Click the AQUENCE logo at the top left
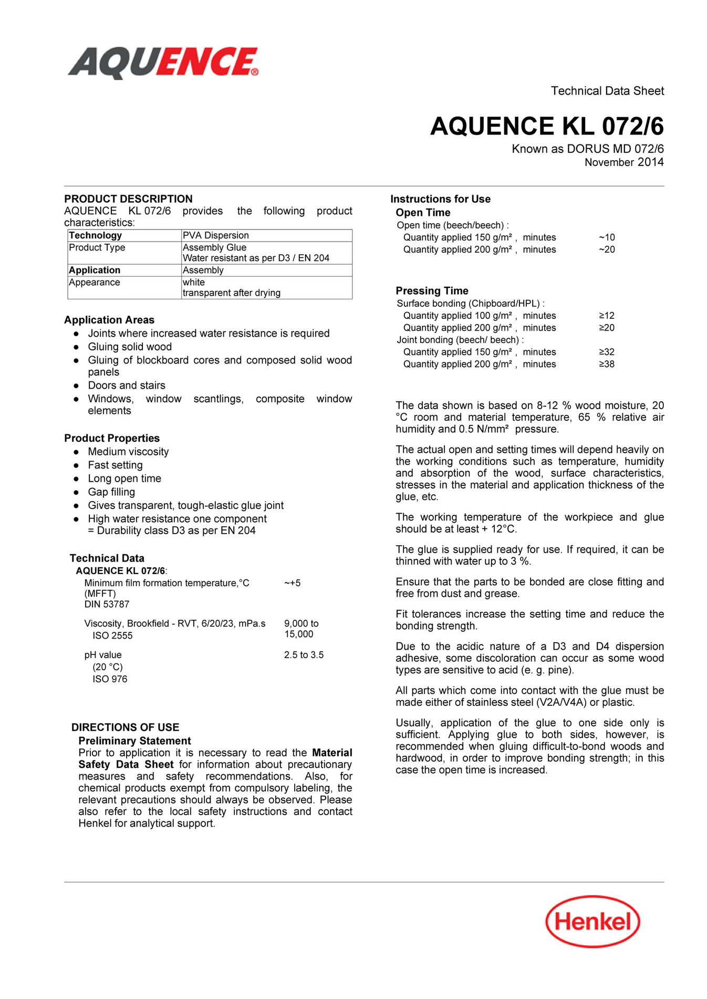coord(163,63)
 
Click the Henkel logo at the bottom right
coord(592,922)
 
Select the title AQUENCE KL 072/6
coord(547,127)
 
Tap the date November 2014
coord(624,162)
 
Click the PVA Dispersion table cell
coord(215,235)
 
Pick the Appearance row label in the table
coord(95,283)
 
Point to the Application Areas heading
coord(109,320)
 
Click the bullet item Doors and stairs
coord(126,386)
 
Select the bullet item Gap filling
coord(111,492)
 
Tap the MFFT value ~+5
coord(293,583)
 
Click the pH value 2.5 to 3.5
coord(304,655)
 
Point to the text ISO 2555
coord(112,636)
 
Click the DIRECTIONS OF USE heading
coord(125,727)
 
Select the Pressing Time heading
coord(432,291)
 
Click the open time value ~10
coord(607,237)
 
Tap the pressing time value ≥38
coord(607,364)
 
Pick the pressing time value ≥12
coord(607,316)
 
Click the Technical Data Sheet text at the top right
coord(607,91)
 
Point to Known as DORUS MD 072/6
coord(587,149)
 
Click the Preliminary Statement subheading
coord(134,741)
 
